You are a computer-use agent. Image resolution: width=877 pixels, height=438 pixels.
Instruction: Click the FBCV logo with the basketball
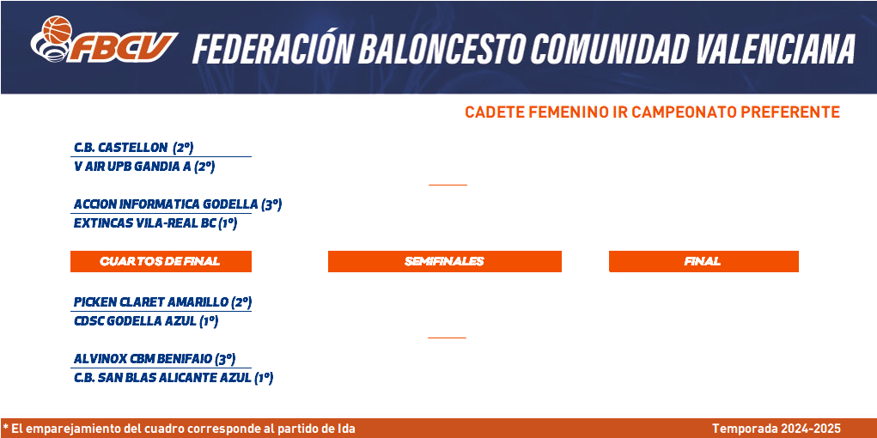point(104,40)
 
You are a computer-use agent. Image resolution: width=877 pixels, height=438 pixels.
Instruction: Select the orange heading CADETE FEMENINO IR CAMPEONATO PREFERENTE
point(652,112)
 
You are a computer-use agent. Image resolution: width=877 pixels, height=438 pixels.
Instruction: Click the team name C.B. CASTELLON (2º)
point(134,148)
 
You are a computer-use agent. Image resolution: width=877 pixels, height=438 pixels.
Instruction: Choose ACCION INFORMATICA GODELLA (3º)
point(178,204)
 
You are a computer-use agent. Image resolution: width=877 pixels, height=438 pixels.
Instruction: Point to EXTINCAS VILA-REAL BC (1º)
point(155,223)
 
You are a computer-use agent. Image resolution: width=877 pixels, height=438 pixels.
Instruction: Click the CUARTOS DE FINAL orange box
point(161,261)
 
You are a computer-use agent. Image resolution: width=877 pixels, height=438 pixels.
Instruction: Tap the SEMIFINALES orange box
point(445,261)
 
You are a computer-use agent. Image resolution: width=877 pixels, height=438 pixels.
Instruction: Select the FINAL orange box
point(703,261)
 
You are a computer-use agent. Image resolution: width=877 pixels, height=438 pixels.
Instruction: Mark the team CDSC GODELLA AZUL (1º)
point(146,321)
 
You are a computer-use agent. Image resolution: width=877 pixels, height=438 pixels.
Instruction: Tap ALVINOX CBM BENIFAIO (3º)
point(155,359)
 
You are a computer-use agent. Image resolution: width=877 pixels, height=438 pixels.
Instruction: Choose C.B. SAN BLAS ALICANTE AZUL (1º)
point(174,378)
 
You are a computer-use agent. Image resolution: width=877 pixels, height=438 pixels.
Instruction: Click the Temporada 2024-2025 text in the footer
point(777,429)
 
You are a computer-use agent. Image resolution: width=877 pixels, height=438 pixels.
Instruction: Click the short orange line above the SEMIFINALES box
point(448,185)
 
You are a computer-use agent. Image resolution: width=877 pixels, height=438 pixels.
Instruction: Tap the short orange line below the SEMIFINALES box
point(447,338)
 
